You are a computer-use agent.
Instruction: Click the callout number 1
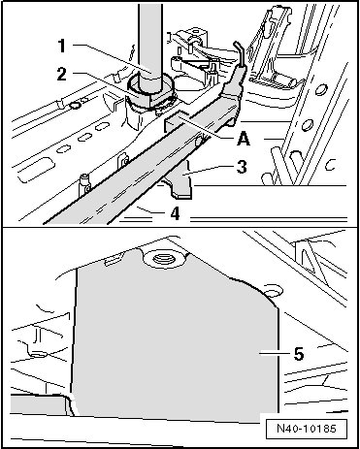coord(61,46)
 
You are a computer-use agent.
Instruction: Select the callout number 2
coord(62,74)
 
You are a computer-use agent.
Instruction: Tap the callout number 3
coord(242,167)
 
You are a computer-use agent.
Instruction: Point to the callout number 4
coord(175,213)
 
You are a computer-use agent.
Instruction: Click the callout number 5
coord(299,354)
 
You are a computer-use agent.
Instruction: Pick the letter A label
coord(244,139)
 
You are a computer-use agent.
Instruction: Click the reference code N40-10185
coord(307,429)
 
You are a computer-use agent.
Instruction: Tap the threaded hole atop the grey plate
coord(164,259)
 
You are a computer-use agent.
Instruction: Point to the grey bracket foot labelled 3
coord(180,181)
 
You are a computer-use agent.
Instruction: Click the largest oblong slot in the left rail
coord(36,168)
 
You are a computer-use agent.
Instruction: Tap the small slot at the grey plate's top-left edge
coord(113,259)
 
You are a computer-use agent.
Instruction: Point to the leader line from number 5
coord(274,354)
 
